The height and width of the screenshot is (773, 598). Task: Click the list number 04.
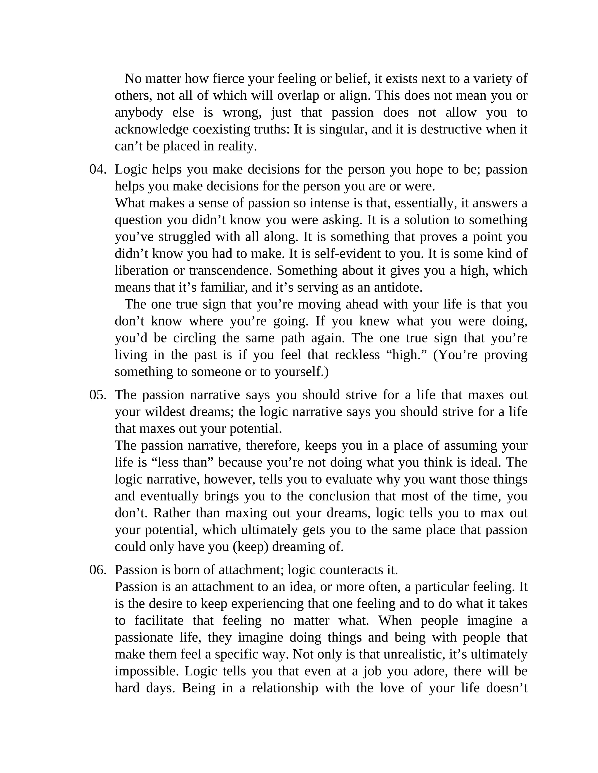click(98, 169)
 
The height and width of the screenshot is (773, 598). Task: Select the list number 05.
click(98, 395)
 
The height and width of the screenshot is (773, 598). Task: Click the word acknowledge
click(152, 129)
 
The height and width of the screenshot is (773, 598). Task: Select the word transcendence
click(231, 270)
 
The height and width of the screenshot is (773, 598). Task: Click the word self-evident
click(355, 254)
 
